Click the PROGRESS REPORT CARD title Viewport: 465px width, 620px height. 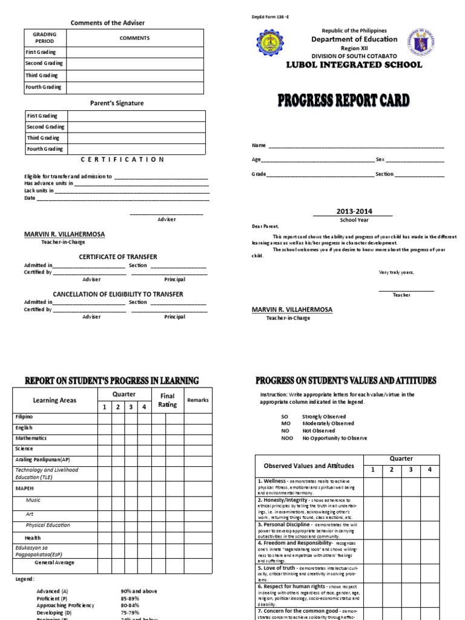(x=343, y=100)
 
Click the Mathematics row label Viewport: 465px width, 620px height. (x=31, y=438)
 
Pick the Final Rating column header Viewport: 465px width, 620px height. (x=167, y=400)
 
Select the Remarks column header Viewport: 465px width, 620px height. (x=197, y=400)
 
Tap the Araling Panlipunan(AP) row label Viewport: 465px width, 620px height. (x=42, y=460)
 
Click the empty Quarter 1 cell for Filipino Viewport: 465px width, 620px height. (x=104, y=417)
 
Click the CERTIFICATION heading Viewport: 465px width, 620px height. (x=122, y=159)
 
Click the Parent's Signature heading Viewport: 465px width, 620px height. (x=116, y=103)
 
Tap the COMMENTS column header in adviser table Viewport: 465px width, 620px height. (x=134, y=38)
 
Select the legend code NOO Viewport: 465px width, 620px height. (x=286, y=438)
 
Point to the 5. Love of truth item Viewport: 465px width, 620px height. (x=281, y=568)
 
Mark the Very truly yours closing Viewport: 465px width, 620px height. (x=396, y=272)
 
